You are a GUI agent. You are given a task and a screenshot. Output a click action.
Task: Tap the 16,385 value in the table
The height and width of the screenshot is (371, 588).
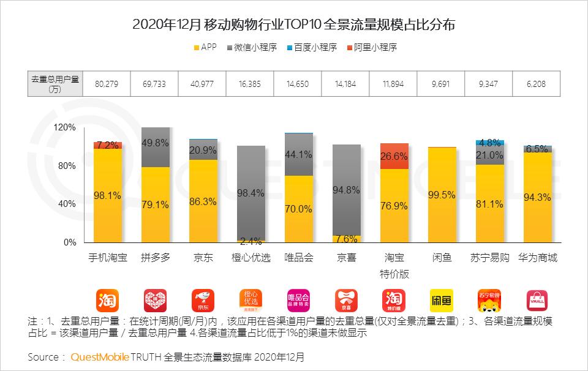251,83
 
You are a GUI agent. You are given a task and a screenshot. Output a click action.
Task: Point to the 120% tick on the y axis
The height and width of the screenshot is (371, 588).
65,128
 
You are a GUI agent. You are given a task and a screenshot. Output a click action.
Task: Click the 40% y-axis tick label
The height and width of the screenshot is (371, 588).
67,204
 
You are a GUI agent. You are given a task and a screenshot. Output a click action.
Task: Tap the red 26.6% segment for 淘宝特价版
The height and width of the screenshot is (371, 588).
394,156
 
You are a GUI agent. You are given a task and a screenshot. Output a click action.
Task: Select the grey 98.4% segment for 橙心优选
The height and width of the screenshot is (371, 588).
251,193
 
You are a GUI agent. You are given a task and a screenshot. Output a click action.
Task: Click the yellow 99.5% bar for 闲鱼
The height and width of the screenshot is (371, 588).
442,195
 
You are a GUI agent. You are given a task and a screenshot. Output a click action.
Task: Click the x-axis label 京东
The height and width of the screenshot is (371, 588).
203,258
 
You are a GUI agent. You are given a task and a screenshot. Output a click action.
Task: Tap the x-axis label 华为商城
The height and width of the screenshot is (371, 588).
537,258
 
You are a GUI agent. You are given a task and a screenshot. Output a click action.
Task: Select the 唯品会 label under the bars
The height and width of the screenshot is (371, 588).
298,258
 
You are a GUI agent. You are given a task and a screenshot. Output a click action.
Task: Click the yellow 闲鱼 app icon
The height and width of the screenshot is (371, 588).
442,300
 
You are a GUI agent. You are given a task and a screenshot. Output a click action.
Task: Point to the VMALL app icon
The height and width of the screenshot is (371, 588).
537,300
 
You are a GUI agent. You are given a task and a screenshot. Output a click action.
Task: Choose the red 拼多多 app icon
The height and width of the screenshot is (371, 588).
156,300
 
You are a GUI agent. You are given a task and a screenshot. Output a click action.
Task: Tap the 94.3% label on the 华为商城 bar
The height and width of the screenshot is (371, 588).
537,197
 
